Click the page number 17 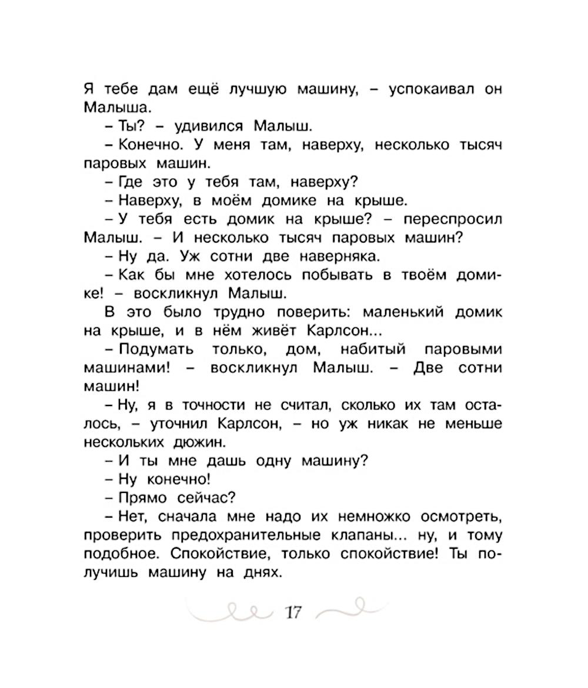pyautogui.click(x=292, y=613)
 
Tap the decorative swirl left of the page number pyautogui.click(x=233, y=612)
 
